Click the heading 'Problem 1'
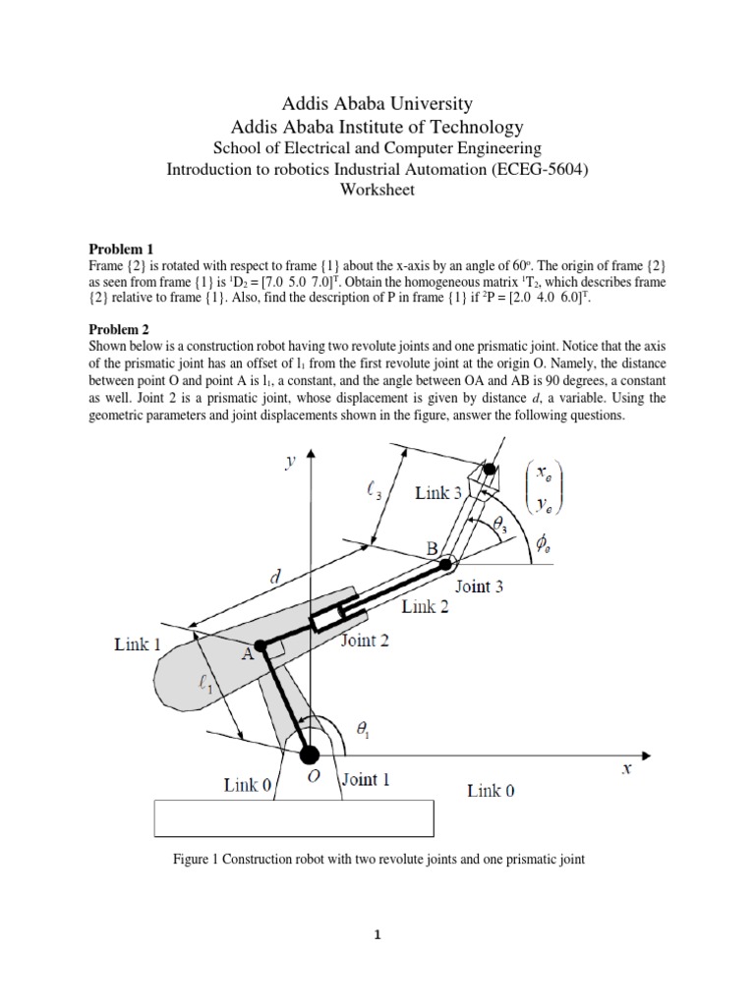click(121, 250)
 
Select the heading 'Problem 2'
click(121, 331)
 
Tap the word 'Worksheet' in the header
click(377, 190)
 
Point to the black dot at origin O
click(310, 754)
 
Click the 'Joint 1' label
click(365, 781)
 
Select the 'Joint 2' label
click(365, 642)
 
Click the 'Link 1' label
click(138, 643)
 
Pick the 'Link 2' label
click(425, 607)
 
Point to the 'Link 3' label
click(438, 493)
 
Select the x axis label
click(626, 771)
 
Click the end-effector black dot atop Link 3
click(490, 471)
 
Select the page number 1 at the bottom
click(377, 935)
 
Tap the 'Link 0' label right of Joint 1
click(491, 790)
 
